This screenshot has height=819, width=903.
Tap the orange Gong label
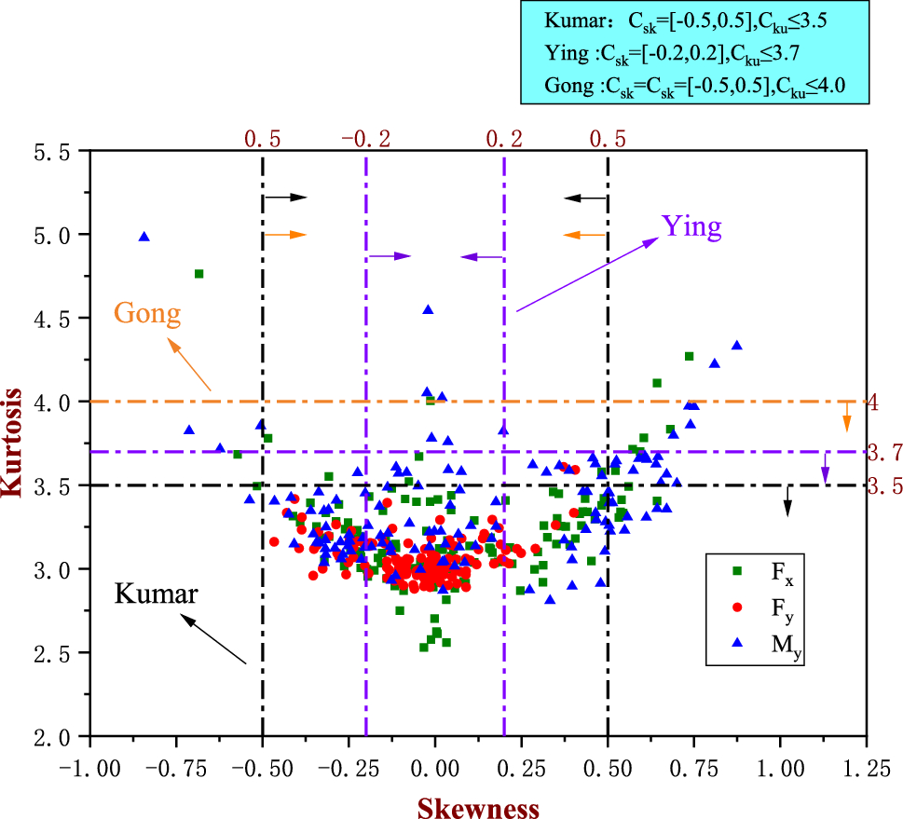point(146,313)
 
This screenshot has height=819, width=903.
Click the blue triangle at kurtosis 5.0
point(144,237)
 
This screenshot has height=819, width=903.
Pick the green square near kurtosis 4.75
point(198,273)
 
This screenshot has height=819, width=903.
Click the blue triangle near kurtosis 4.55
point(428,309)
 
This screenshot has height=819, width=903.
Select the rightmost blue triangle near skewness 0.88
point(737,345)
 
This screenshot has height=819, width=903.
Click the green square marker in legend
point(737,571)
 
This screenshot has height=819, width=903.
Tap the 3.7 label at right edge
point(884,453)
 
